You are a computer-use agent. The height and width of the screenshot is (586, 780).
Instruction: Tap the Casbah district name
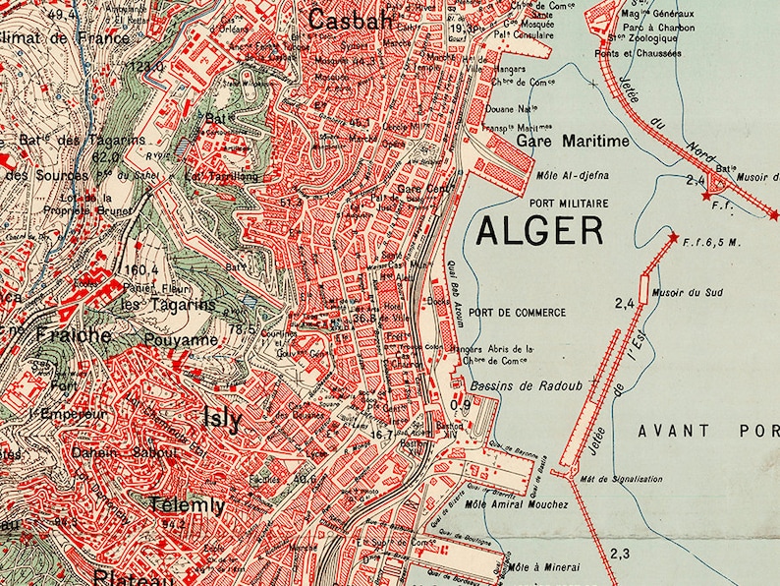351,19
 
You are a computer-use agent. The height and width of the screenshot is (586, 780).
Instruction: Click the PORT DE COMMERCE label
517,313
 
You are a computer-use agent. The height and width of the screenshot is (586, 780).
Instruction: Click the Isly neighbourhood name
221,417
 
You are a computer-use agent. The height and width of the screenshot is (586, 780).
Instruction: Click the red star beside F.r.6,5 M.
673,238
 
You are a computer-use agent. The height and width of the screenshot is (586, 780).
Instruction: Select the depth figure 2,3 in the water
620,553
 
